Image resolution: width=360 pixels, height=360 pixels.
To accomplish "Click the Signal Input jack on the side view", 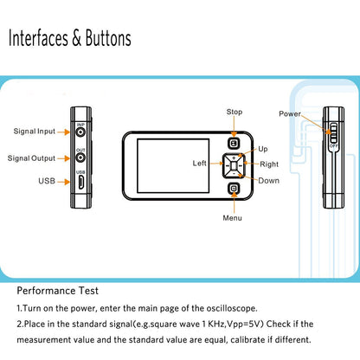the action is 80,132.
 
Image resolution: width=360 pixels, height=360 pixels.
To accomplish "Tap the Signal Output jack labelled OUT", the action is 80,157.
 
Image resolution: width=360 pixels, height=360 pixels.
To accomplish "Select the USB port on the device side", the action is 81,182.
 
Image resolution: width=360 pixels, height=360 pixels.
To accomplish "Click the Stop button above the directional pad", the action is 234,144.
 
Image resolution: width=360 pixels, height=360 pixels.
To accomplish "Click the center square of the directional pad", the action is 234,166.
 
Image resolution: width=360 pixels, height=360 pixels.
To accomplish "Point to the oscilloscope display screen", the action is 173,166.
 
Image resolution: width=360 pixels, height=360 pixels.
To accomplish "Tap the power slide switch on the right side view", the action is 333,133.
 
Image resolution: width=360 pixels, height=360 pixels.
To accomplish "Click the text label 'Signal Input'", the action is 35,132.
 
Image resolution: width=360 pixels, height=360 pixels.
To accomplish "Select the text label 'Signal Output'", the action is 31,158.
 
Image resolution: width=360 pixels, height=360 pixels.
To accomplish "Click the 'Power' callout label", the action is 290,114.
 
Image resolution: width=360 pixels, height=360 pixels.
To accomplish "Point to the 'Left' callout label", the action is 199,164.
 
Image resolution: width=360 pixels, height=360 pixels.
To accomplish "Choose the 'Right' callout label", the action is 269,164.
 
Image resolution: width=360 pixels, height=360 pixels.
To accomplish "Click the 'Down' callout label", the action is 268,181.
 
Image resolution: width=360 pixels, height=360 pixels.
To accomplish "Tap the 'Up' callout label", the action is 263,150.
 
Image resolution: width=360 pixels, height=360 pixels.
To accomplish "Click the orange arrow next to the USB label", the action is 63,182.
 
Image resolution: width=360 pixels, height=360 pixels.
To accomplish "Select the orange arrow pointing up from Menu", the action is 235,202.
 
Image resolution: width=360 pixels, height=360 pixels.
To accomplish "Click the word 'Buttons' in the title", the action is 108,38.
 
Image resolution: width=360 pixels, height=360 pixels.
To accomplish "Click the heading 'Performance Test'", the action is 58,291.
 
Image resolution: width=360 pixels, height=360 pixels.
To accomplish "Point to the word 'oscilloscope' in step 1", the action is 231,308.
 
